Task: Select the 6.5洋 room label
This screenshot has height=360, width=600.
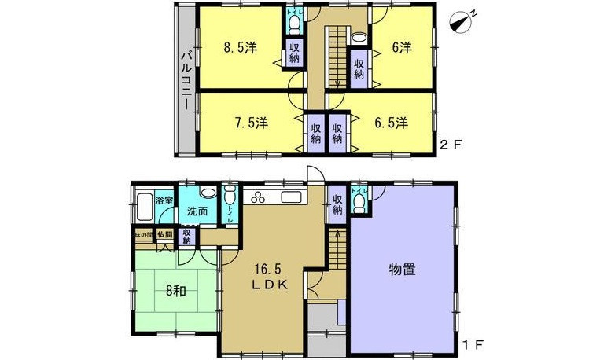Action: click(390, 123)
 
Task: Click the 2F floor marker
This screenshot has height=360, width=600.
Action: click(449, 145)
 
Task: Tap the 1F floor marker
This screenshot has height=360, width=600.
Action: click(472, 345)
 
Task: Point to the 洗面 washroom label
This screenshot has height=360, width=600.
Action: click(197, 211)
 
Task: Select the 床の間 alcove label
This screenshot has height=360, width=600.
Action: click(142, 234)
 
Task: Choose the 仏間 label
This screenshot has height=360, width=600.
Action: click(165, 234)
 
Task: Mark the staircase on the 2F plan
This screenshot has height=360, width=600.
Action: click(335, 55)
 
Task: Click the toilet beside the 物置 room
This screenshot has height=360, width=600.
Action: click(360, 204)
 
